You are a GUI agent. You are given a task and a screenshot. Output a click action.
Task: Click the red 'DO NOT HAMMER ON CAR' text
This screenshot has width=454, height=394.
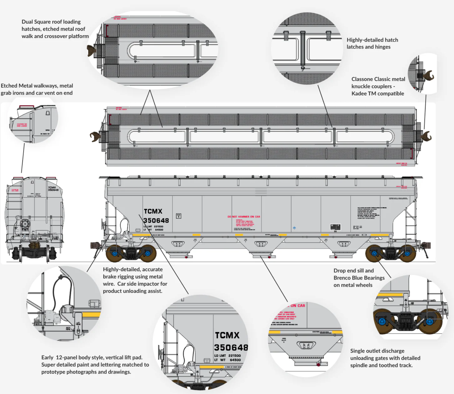(244, 217)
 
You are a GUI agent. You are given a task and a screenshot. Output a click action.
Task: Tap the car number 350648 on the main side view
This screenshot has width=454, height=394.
(156, 220)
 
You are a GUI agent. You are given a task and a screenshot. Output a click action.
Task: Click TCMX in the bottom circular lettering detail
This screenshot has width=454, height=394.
(227, 335)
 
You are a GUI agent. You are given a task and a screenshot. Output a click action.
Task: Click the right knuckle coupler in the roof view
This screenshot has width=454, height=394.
(427, 136)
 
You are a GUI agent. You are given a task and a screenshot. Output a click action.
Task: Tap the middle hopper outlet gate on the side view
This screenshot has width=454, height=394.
(261, 244)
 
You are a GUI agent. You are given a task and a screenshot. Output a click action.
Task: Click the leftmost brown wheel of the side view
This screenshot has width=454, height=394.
(114, 253)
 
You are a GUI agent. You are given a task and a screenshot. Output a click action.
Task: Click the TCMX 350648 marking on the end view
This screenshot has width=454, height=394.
(53, 189)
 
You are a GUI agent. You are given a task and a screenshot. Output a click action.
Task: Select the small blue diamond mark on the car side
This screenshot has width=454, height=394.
(294, 228)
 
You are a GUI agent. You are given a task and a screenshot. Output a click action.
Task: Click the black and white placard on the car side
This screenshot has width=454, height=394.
(335, 227)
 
